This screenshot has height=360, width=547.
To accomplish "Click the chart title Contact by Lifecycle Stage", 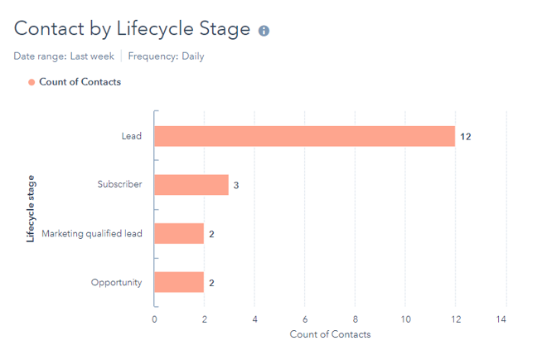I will (132, 29).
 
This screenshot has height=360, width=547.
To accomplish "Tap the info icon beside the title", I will (264, 31).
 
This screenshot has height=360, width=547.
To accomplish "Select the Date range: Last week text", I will (64, 56).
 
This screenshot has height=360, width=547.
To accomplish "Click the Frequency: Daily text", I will (166, 56).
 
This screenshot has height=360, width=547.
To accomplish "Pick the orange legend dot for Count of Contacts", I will (31, 81).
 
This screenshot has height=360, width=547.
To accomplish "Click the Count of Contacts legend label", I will (80, 81).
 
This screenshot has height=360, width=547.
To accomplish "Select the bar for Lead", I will (304, 136).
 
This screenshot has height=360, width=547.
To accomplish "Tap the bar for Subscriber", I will (191, 185).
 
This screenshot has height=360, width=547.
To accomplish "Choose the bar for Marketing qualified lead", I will (178, 234).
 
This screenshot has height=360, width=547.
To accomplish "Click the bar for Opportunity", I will (178, 283).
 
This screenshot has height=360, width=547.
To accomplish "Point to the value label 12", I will (466, 136).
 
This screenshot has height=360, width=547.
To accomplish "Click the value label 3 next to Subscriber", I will (236, 185).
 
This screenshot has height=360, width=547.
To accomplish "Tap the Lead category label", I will (132, 136).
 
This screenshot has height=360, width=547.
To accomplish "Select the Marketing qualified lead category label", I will (92, 234).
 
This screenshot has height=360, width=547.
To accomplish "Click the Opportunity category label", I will (116, 283).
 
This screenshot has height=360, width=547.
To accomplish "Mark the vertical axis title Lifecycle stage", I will (31, 208).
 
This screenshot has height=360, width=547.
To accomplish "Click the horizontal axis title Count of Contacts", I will (330, 334).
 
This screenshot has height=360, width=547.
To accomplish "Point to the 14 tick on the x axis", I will (501, 319).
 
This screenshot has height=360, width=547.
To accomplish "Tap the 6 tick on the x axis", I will (305, 319).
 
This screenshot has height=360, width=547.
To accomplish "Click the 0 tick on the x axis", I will (154, 319).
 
